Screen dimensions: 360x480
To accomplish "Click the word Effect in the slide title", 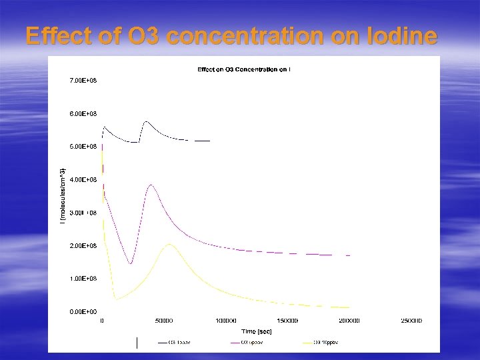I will [x=59, y=37].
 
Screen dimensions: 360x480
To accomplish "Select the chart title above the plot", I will [x=243, y=69].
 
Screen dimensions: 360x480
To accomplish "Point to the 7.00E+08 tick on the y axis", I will [x=83, y=81].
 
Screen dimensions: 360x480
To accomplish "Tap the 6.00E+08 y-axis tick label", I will [x=83, y=114].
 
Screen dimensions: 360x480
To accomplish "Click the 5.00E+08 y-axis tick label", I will [x=83, y=146].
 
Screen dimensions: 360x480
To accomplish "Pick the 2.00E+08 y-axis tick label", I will [x=83, y=245].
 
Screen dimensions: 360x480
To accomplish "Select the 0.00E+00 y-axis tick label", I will [x=83, y=311].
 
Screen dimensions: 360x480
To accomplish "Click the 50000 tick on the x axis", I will [x=164, y=321].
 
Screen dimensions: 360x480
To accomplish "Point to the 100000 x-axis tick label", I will [x=226, y=321].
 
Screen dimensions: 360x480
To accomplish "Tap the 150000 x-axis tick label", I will [x=287, y=321].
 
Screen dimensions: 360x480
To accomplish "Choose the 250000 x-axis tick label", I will [x=411, y=321].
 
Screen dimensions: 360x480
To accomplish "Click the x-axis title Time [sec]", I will [x=257, y=330].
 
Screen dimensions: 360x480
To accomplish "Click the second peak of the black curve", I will [x=146, y=122].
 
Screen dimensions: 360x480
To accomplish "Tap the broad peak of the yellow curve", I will [x=170, y=244].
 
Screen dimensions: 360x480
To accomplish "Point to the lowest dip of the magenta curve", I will [x=131, y=264].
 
